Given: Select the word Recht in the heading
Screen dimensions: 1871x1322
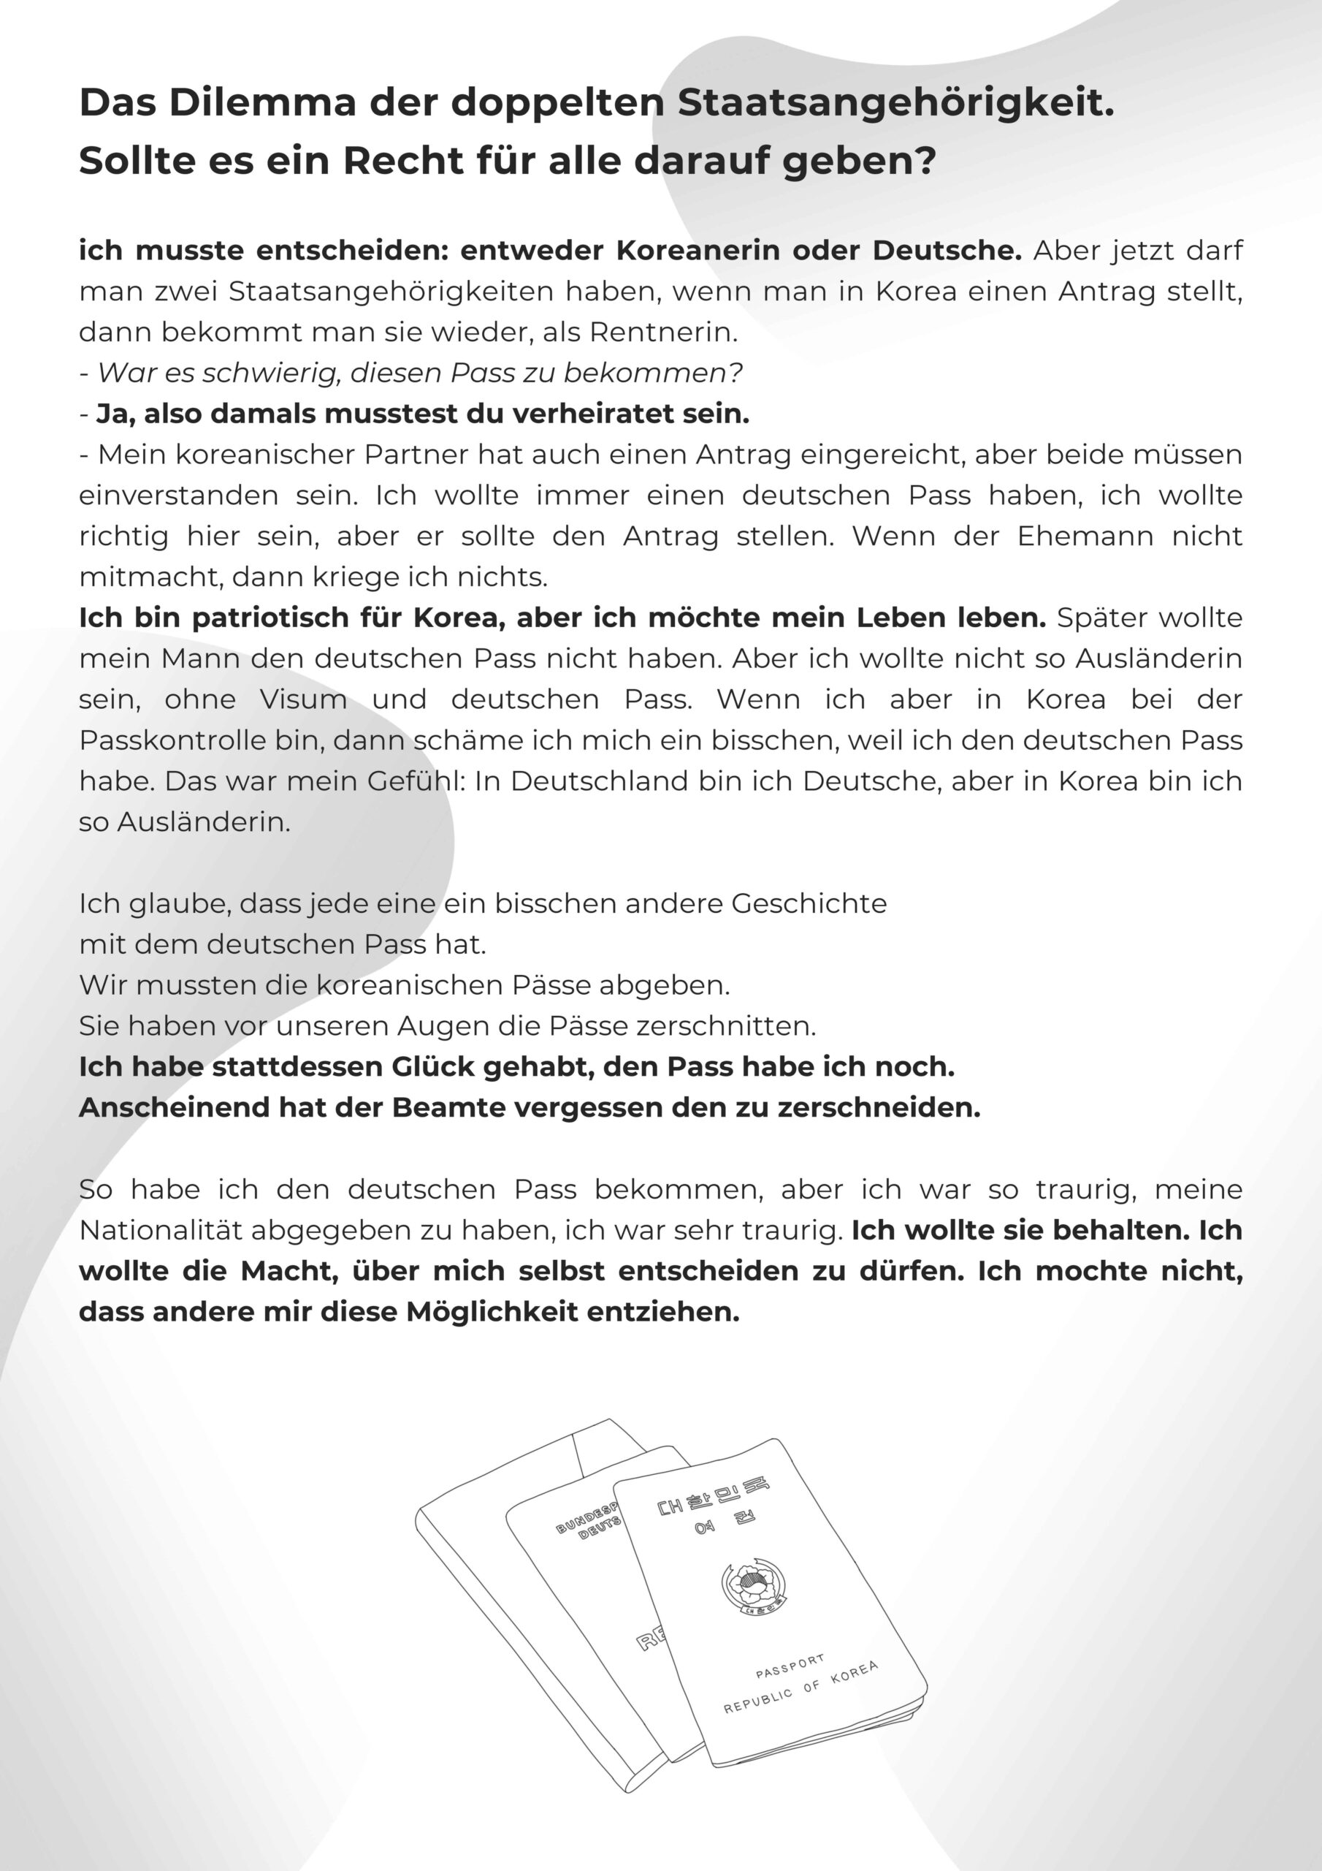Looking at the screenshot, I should click(403, 161).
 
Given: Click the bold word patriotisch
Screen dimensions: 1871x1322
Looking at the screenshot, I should click(284, 618).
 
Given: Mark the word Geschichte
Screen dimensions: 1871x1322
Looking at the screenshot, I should click(809, 904).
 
